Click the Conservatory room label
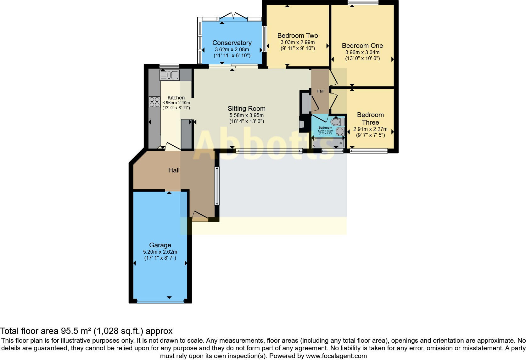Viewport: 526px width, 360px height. [232, 43]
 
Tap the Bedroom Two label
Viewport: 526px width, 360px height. [297, 36]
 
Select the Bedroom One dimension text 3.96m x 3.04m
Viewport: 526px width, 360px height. [362, 52]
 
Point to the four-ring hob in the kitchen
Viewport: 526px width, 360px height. [154, 102]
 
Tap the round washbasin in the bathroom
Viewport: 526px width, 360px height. [339, 131]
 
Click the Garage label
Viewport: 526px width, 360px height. [160, 245]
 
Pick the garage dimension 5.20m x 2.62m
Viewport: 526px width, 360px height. [160, 252]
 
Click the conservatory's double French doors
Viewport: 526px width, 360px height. [233, 16]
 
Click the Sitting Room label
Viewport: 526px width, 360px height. [247, 109]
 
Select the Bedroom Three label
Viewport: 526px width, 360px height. [370, 119]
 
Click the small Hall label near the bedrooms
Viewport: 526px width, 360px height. [320, 91]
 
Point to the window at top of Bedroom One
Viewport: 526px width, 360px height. [363, 3]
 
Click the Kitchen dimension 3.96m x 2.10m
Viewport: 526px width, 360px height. [176, 103]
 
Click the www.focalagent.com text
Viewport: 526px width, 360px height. [336, 356]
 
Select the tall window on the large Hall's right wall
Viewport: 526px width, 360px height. [217, 186]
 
